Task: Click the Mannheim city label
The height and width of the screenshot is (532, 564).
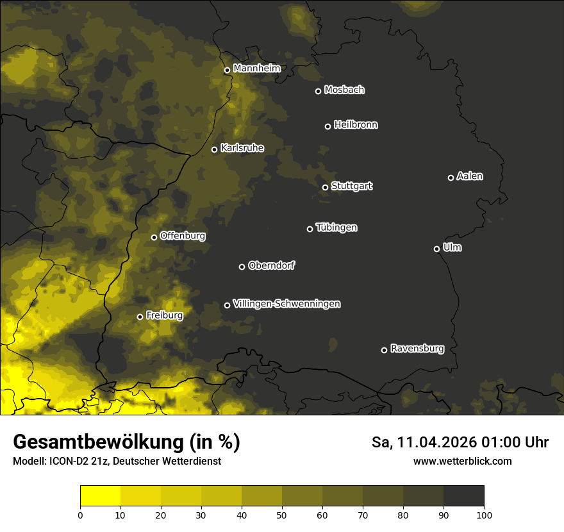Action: (257, 69)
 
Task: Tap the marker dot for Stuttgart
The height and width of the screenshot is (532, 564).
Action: (325, 187)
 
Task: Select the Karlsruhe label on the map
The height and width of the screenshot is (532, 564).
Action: (242, 148)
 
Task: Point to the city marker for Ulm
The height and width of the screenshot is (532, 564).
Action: (436, 249)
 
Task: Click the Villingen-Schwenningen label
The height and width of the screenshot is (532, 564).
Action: (286, 304)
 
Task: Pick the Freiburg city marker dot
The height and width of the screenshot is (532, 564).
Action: (140, 317)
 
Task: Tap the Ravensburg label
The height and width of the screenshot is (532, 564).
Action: (417, 349)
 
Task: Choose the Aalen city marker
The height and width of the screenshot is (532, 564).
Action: (451, 178)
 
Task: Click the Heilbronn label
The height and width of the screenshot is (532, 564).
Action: (356, 125)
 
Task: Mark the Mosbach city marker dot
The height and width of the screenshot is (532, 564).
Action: (318, 91)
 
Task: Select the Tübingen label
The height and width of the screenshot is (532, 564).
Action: (336, 228)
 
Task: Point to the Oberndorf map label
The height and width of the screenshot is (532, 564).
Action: (271, 265)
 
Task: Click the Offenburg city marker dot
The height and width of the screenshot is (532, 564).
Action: (154, 237)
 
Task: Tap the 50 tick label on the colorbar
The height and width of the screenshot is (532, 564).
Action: (282, 515)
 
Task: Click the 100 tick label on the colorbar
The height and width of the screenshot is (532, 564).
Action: (484, 515)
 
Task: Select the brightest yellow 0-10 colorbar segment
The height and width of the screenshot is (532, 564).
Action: (101, 496)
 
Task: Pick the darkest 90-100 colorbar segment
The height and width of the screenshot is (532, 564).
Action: (463, 496)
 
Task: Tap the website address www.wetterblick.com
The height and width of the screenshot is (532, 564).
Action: (463, 461)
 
